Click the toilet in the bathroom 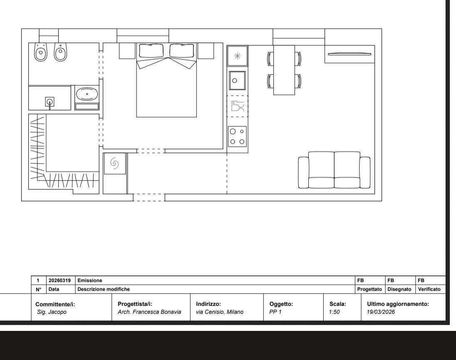click(41, 52)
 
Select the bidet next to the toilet click(60, 52)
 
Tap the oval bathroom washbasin click(87, 94)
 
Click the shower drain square click(50, 102)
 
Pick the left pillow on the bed click(151, 51)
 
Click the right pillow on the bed click(182, 51)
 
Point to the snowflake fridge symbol click(237, 56)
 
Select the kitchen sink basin click(237, 81)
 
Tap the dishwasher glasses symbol click(237, 106)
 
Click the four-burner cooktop click(237, 137)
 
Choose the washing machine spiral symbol click(114, 163)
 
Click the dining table click(284, 70)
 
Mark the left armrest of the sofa click(303, 173)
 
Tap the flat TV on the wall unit click(349, 54)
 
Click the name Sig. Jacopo click(52, 312)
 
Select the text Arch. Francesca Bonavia click(149, 312)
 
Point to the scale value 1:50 click(335, 312)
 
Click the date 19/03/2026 click(381, 312)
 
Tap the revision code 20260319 click(59, 280)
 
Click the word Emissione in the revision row click(90, 280)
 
